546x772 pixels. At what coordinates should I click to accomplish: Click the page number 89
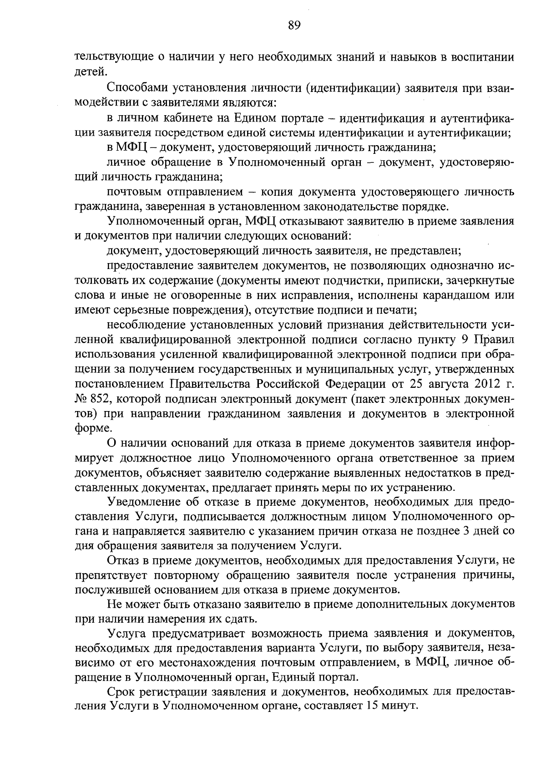[294, 25]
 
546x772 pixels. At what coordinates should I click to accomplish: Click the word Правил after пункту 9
[496, 340]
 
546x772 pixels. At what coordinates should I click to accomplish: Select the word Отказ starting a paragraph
[122, 561]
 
